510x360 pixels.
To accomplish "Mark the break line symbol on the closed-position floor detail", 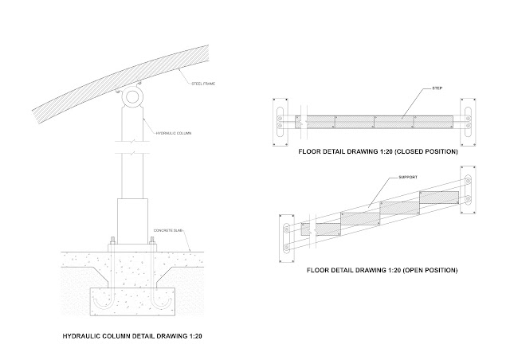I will pyautogui.click(x=296, y=123).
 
